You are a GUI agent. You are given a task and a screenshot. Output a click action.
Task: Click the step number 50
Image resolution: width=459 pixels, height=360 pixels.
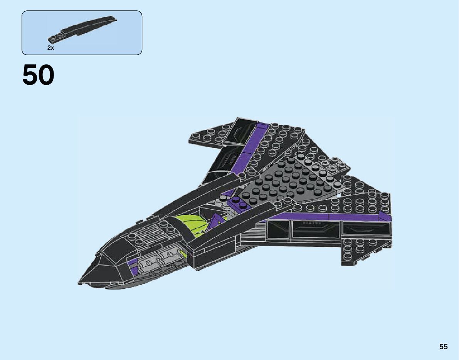39,75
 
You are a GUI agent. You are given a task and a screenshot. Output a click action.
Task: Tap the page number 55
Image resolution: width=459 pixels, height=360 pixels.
443,347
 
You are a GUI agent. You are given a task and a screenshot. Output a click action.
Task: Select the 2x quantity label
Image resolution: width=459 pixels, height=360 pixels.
50,48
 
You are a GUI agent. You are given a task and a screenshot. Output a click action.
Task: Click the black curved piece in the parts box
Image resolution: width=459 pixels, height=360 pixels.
85,29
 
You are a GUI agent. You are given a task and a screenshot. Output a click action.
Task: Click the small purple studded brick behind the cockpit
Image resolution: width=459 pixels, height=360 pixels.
239,204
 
